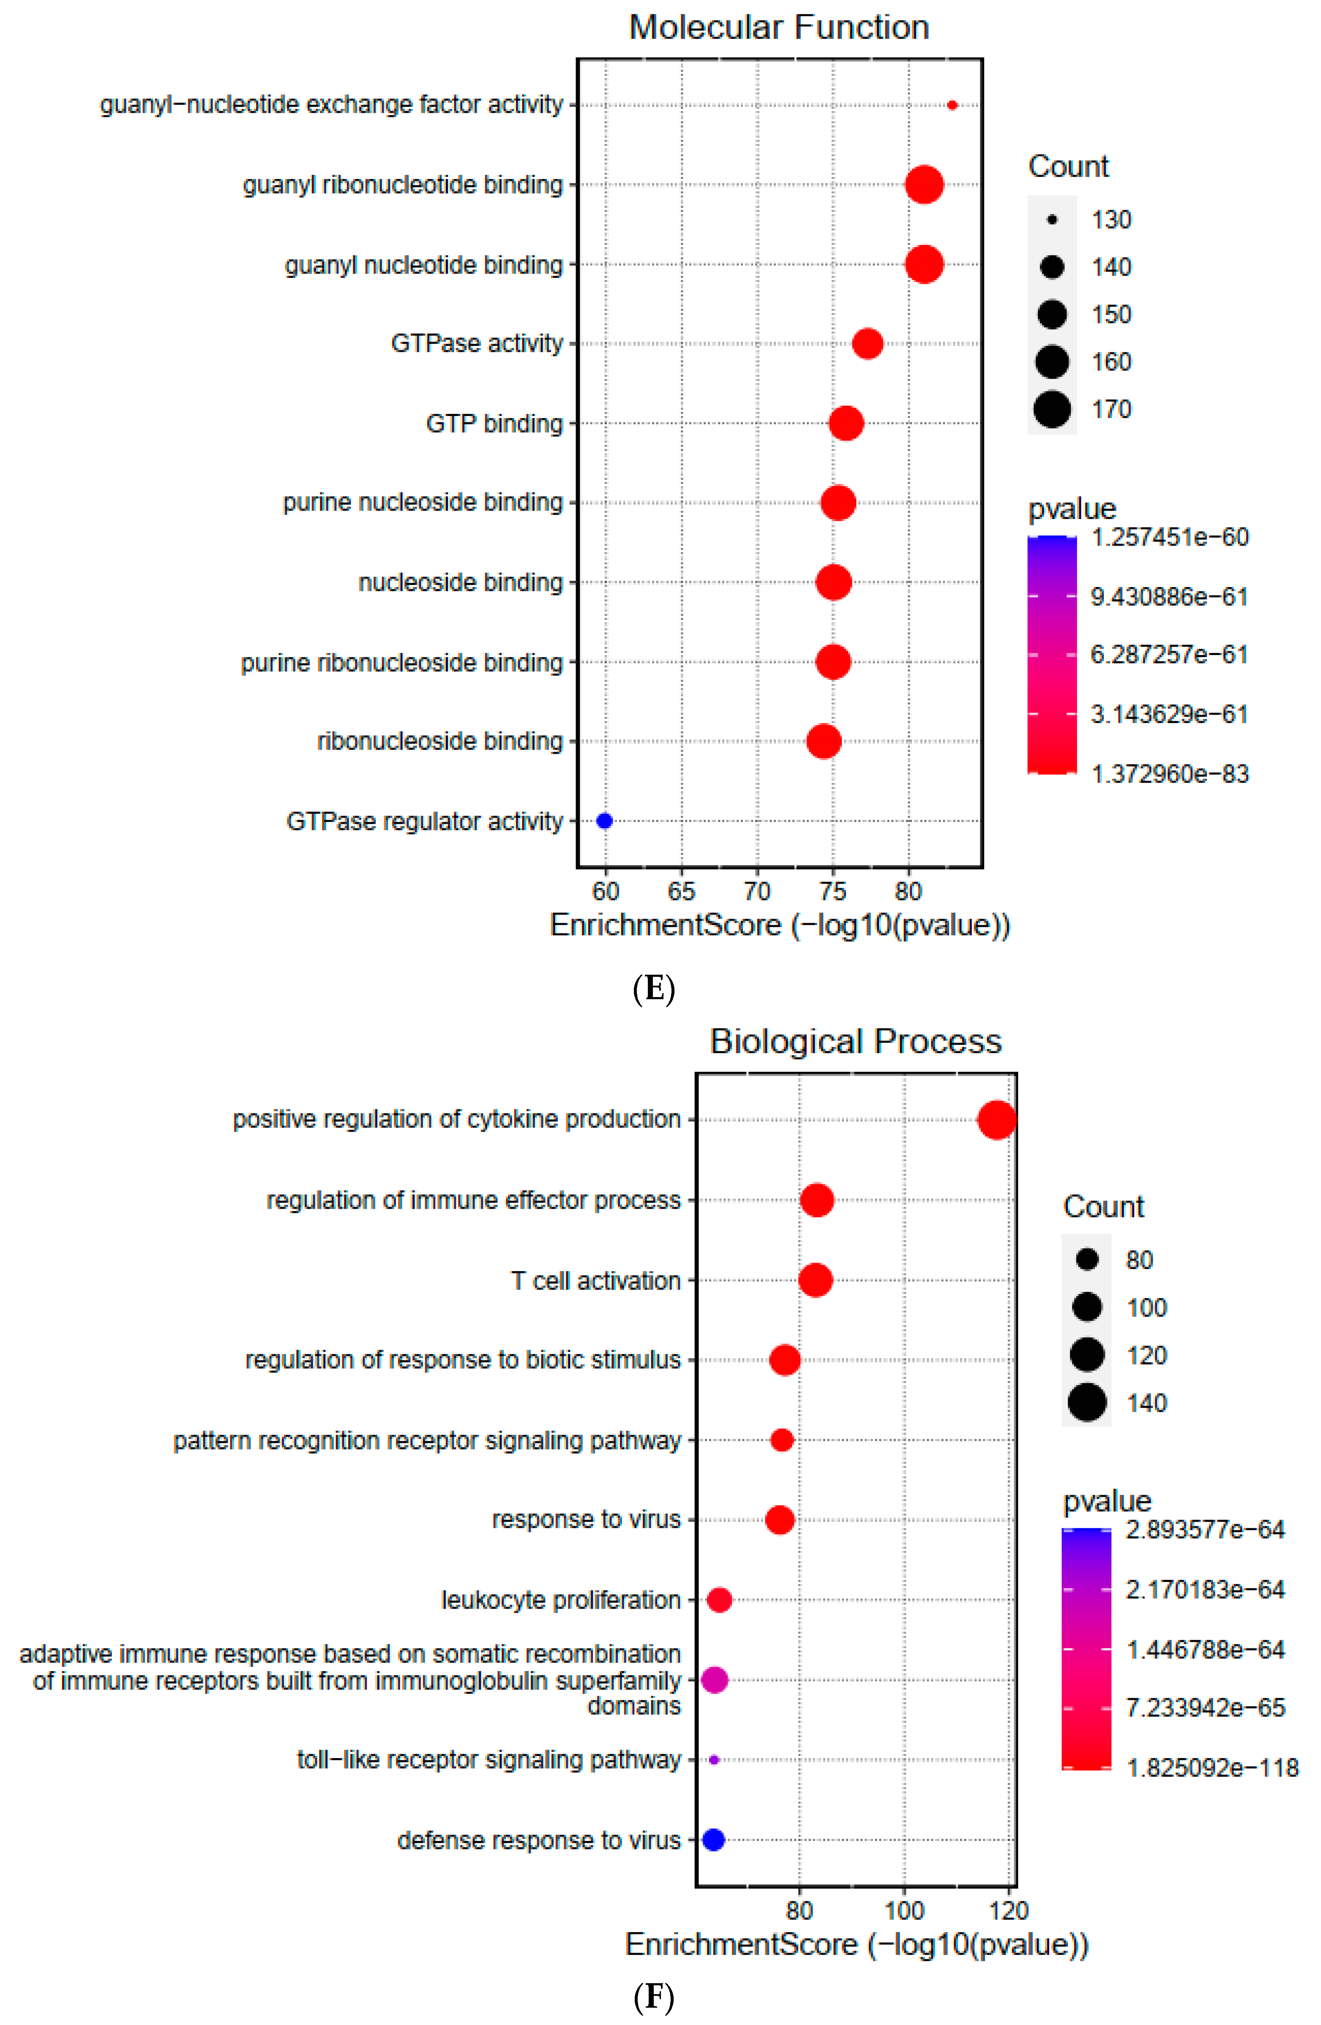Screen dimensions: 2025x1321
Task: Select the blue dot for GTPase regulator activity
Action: click(604, 821)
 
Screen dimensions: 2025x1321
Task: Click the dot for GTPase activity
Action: click(867, 344)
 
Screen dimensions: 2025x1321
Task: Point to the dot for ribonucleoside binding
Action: click(823, 741)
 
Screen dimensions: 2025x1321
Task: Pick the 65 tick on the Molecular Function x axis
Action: click(681, 892)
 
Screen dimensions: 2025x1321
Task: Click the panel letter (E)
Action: click(654, 989)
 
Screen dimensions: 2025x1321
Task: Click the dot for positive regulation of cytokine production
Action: click(997, 1120)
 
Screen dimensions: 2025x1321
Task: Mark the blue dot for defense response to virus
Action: click(713, 1840)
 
